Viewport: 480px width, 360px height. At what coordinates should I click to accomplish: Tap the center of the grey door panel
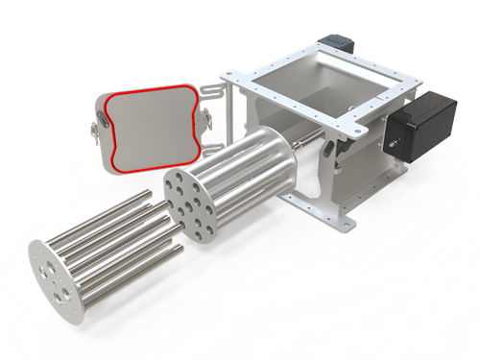click(x=154, y=126)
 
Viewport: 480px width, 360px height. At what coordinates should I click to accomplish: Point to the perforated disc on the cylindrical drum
click(x=186, y=201)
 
